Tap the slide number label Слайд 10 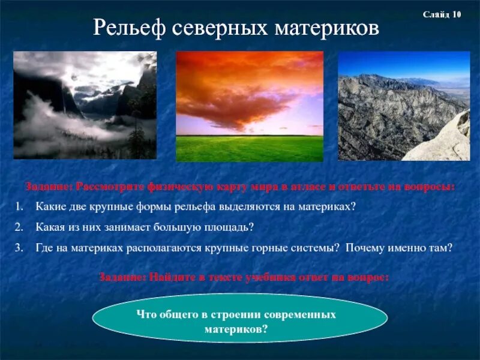click(x=442, y=14)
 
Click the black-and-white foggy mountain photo click(x=85, y=105)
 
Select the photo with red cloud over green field click(x=250, y=106)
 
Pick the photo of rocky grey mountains click(x=403, y=106)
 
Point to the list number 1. click(x=19, y=206)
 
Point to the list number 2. click(x=19, y=227)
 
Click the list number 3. click(x=19, y=247)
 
